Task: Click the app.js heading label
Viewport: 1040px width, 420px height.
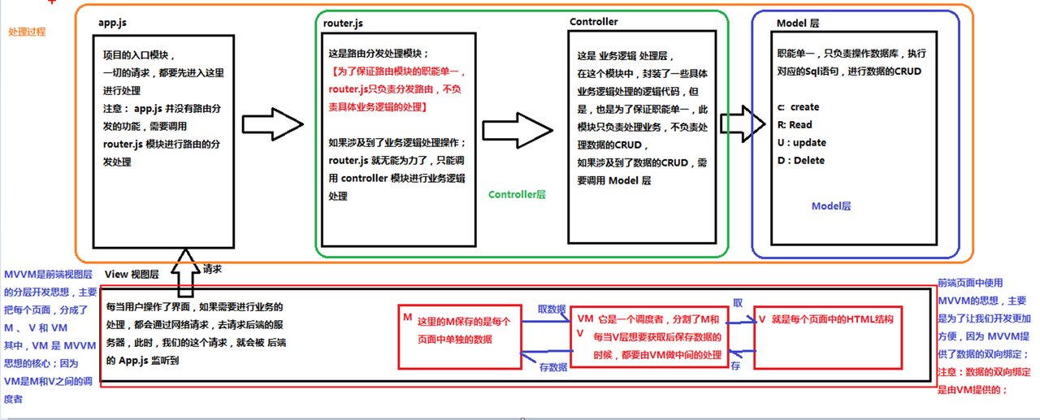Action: click(x=112, y=23)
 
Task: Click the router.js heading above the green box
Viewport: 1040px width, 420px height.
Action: click(x=343, y=24)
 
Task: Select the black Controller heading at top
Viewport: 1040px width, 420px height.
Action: click(x=593, y=22)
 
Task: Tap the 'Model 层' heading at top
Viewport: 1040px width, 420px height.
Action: click(x=798, y=24)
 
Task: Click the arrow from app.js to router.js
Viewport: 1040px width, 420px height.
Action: click(x=273, y=124)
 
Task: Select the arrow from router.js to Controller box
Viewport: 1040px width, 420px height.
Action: click(x=518, y=131)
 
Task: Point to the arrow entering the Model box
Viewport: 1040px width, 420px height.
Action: click(x=743, y=123)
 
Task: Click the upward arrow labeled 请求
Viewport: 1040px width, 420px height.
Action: click(x=185, y=273)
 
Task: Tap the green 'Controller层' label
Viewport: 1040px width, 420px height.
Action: click(x=517, y=194)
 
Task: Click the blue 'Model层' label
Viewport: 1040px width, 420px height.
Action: click(x=831, y=206)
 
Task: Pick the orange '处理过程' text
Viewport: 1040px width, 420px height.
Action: click(x=27, y=32)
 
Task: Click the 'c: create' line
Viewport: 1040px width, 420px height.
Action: click(x=798, y=107)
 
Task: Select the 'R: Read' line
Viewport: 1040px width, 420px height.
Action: click(x=795, y=125)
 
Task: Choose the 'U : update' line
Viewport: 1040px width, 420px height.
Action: click(x=802, y=142)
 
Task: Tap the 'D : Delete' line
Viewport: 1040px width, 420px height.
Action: click(x=801, y=161)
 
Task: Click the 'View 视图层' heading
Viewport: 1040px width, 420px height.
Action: click(x=132, y=275)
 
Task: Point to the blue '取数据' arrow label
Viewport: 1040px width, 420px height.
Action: click(x=552, y=309)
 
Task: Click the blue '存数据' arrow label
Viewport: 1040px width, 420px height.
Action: click(x=553, y=367)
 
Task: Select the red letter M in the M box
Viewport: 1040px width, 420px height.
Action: click(x=408, y=318)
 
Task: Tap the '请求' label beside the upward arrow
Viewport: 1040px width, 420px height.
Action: click(x=212, y=269)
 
